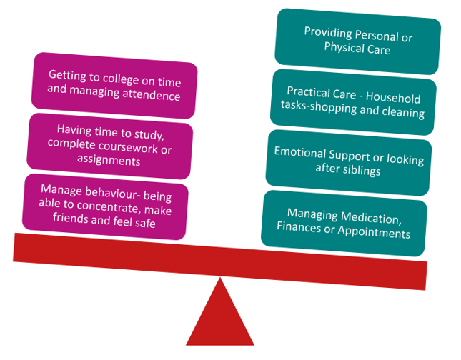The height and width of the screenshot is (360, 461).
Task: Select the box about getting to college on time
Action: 114,85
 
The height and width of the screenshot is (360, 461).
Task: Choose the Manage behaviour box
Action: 105,206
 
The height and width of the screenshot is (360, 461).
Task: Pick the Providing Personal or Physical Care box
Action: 357,41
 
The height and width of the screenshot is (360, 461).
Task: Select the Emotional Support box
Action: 348,162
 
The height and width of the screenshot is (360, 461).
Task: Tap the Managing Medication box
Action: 344,223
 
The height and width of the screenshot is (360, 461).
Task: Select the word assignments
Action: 108,161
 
